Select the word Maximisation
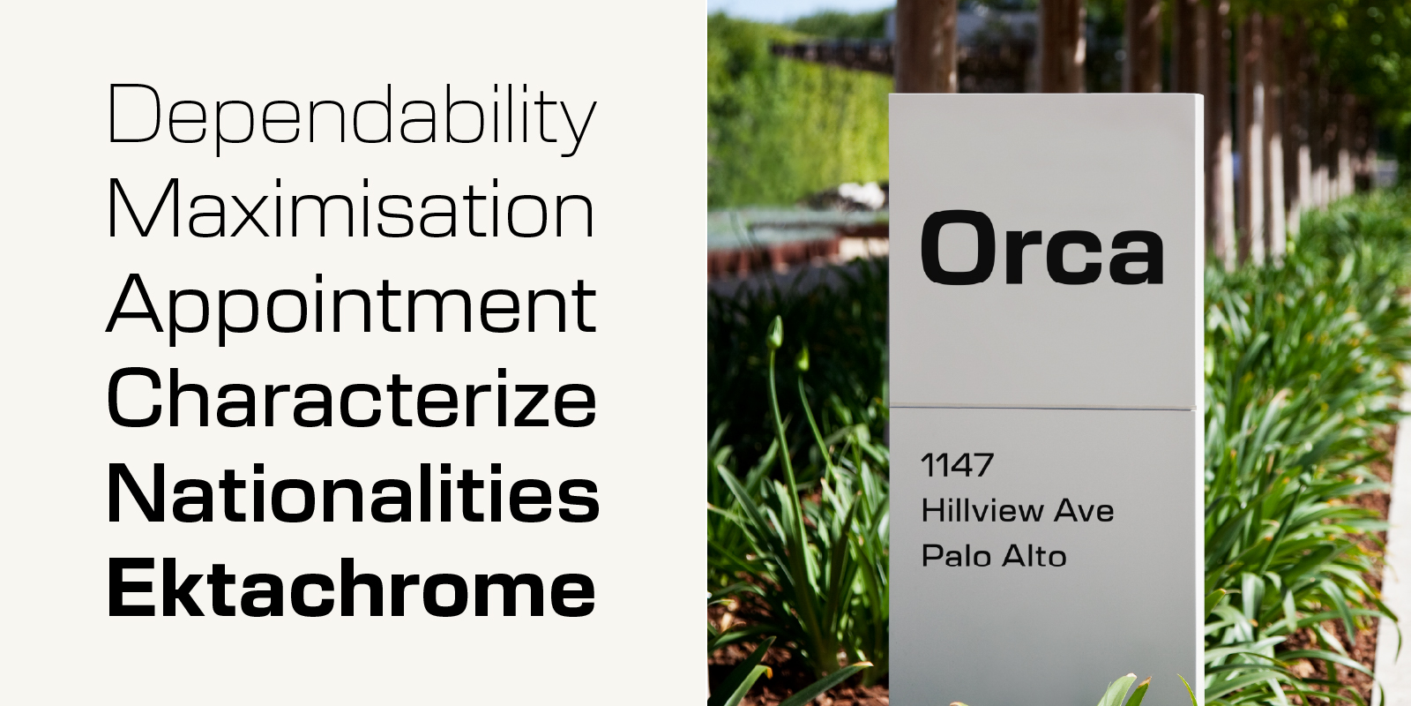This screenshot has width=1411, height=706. (x=351, y=208)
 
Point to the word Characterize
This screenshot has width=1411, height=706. (x=352, y=397)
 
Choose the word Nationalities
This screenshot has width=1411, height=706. (x=354, y=493)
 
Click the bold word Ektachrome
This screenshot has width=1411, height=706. (x=352, y=588)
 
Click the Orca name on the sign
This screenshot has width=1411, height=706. (x=1041, y=248)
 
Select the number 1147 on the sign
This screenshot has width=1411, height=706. (x=958, y=465)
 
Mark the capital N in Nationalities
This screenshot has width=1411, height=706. (x=136, y=492)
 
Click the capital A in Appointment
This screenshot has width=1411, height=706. (x=134, y=304)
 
